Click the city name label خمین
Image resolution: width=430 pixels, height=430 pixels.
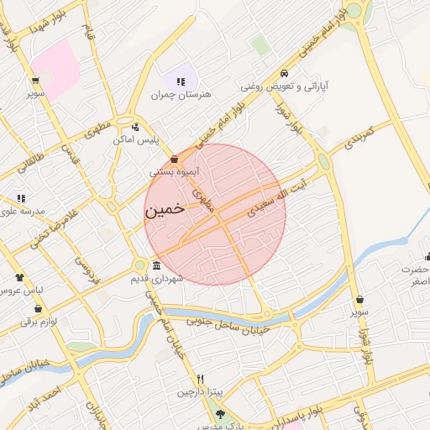pyautogui.click(x=165, y=210)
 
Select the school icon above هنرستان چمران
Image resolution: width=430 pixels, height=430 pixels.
pyautogui.click(x=180, y=81)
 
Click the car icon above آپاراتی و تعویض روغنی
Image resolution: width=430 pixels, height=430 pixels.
pyautogui.click(x=286, y=73)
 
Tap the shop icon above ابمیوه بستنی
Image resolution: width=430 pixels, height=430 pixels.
pyautogui.click(x=174, y=158)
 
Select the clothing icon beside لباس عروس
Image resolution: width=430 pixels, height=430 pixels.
pyautogui.click(x=19, y=277)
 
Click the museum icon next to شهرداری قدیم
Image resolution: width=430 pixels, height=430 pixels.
pyautogui.click(x=157, y=265)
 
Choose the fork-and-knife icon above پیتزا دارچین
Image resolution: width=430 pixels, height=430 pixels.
pyautogui.click(x=200, y=379)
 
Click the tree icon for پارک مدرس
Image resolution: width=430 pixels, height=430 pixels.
pyautogui.click(x=220, y=414)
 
